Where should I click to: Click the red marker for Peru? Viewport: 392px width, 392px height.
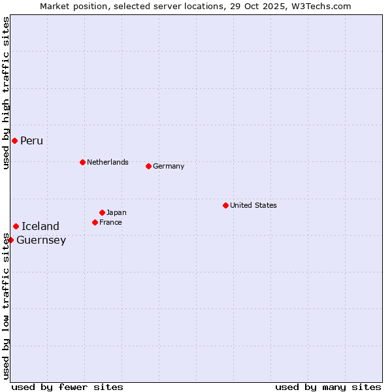point(14,141)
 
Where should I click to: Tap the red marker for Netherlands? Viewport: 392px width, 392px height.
point(82,162)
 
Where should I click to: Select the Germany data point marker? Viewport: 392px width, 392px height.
point(148,166)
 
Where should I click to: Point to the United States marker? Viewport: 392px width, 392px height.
point(225,205)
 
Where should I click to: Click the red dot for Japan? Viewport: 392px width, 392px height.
point(102,212)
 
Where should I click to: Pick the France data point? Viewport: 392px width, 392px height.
point(95,222)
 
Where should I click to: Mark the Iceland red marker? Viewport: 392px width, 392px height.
point(16,226)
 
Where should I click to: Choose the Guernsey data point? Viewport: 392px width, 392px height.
point(10,240)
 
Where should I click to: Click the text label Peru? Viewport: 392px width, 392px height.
point(31,141)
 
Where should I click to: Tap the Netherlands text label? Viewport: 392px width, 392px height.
point(108,162)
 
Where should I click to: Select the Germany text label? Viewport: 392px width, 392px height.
point(169,166)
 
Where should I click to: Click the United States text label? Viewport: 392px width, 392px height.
point(253,205)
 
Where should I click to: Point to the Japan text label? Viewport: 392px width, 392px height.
point(116,212)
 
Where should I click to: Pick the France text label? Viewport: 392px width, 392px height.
point(110,222)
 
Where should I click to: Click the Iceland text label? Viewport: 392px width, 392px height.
point(41,226)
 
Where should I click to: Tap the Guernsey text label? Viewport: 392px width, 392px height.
point(41,240)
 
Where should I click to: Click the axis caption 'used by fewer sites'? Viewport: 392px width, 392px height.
point(67,387)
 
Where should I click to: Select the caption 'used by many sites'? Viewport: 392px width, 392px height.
point(328,387)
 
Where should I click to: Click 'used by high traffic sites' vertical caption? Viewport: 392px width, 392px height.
point(6,93)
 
